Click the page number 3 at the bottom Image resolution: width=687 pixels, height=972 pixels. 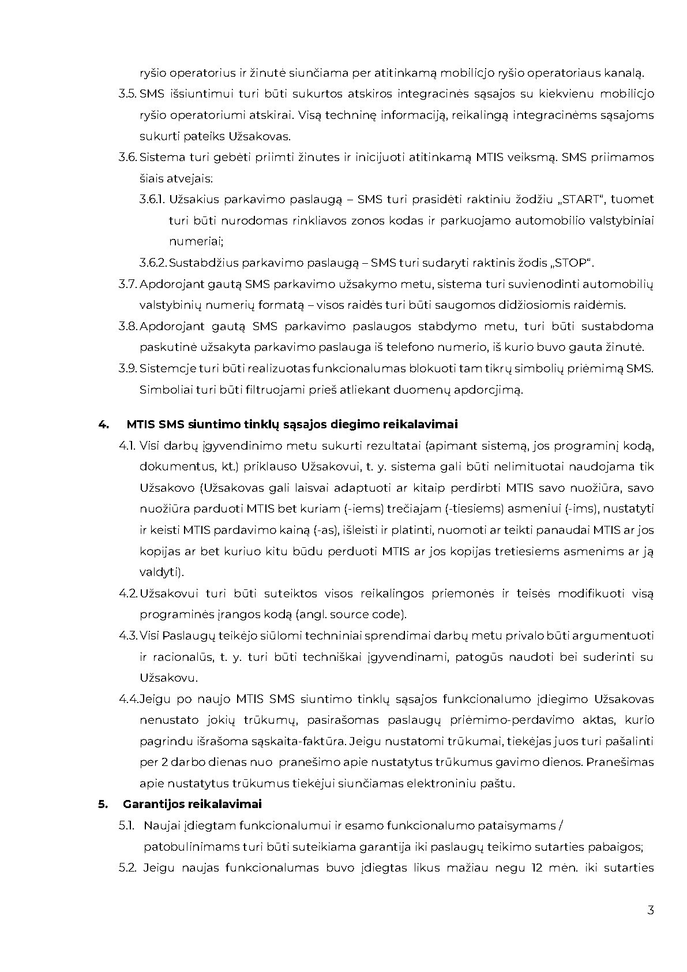point(651,911)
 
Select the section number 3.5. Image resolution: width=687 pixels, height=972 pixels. point(127,94)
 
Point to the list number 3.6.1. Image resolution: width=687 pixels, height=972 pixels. point(152,200)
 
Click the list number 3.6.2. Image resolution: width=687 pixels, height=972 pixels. point(153,263)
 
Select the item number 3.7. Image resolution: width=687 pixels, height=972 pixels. point(127,284)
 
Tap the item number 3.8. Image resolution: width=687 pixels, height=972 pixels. point(127,327)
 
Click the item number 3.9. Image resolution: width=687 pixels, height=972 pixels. point(127,369)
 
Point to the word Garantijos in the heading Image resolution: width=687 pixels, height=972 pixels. point(151,805)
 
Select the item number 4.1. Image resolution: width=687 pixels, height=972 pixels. point(127,446)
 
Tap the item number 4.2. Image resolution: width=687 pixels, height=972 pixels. point(127,593)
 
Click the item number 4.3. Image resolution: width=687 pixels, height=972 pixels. point(128,636)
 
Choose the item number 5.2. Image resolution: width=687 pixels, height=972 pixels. point(127,868)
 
